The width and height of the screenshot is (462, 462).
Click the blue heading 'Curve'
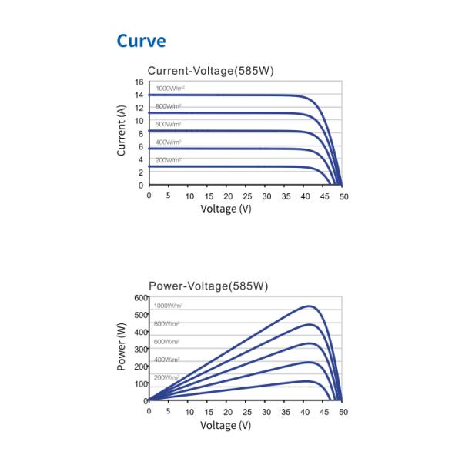coord(141,40)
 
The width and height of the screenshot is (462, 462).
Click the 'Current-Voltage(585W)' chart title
coord(211,71)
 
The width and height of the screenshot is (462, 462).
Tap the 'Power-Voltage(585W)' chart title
coord(208,286)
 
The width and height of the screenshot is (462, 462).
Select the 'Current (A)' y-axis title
coord(122,132)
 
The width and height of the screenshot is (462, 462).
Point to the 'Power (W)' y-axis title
coord(122,347)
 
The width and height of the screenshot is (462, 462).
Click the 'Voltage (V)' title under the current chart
coord(226,209)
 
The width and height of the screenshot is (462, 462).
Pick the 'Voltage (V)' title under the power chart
coord(226,425)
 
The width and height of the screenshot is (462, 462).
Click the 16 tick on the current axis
coord(139,82)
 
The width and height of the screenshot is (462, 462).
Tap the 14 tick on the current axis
coord(139,95)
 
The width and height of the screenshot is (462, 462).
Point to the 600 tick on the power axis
coord(139,297)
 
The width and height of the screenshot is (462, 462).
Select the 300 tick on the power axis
coord(139,349)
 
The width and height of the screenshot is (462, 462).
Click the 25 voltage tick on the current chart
coord(246,196)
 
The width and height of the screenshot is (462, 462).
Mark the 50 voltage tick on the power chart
coord(343,412)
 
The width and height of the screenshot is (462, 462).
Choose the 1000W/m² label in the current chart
coord(169,89)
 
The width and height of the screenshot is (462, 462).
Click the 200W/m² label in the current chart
coord(168,160)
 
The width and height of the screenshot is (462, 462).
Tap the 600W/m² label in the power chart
coord(167,341)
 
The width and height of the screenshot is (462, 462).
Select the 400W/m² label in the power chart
coord(167,360)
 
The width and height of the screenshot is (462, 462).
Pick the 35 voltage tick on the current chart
coord(285,196)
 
